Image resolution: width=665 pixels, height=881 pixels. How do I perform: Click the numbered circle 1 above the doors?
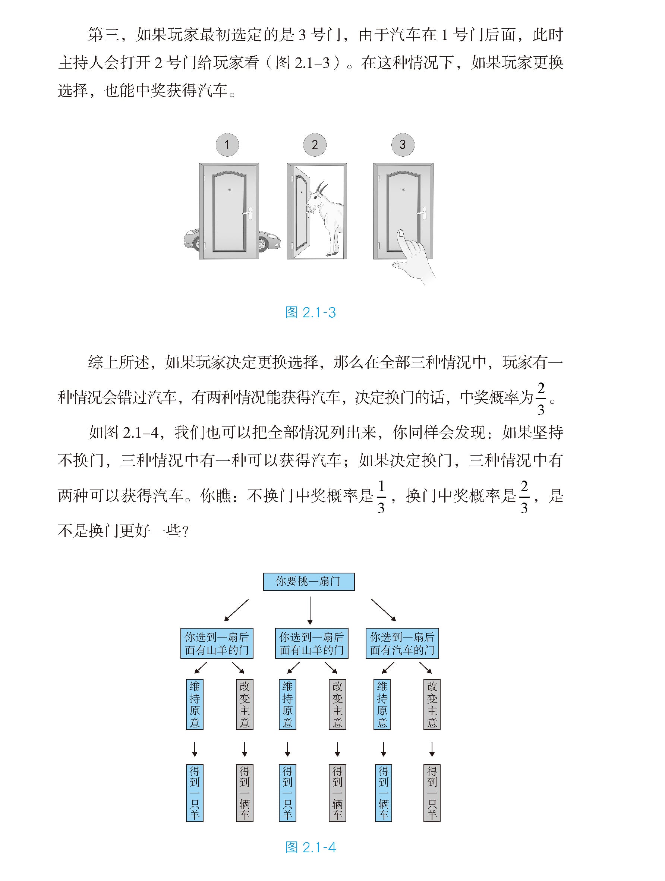(x=227, y=145)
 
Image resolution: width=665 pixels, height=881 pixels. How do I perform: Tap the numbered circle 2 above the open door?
(x=315, y=145)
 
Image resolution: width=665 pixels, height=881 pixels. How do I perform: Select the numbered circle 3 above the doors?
(x=403, y=145)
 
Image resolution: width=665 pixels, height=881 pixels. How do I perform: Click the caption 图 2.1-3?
(x=311, y=313)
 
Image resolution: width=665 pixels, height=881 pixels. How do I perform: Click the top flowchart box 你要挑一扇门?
(x=309, y=582)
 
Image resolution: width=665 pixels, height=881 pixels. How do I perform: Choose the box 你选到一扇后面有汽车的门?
(x=402, y=643)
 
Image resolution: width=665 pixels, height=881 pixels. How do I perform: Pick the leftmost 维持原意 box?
(x=195, y=704)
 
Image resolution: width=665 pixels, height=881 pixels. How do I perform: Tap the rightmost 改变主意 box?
(x=432, y=704)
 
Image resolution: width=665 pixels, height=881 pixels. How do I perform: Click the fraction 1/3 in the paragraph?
(x=381, y=497)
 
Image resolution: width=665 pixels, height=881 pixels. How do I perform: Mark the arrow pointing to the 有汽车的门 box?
(x=384, y=610)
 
